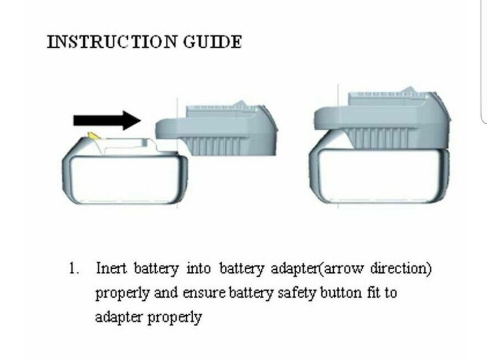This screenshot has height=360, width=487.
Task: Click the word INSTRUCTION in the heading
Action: [112, 42]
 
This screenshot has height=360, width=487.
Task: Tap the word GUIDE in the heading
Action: [213, 42]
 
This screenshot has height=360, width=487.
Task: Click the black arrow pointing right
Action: [107, 120]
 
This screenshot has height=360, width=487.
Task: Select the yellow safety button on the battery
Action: [94, 136]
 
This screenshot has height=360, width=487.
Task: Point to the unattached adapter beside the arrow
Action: [216, 130]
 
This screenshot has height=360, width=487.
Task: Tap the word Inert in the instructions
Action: [111, 268]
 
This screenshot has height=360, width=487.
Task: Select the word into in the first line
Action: [198, 268]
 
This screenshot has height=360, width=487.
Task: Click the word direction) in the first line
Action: [401, 269]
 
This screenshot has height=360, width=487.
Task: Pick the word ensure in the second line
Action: [204, 293]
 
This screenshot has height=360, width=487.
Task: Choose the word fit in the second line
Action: [373, 293]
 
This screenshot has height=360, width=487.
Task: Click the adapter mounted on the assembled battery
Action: [382, 120]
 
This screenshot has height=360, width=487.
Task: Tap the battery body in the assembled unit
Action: [379, 175]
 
